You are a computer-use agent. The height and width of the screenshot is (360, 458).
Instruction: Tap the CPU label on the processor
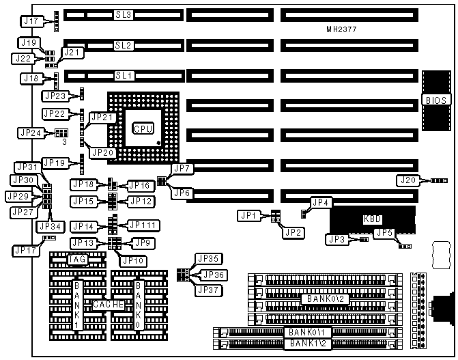143,128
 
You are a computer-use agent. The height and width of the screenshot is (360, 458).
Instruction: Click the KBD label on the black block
373,220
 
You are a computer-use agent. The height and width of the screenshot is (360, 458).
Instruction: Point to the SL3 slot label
124,14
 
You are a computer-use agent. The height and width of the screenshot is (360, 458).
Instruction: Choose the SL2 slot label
124,45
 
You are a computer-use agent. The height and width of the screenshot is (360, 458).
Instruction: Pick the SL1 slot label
124,75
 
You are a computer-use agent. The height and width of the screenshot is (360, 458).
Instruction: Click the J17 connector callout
30,21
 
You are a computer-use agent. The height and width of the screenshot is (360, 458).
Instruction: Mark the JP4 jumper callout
321,202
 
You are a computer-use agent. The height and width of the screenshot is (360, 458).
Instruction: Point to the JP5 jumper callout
384,233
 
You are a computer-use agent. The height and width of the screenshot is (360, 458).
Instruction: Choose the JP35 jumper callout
208,258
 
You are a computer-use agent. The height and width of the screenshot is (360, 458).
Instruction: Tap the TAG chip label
76,260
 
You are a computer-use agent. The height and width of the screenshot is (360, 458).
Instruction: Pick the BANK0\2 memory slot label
325,299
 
